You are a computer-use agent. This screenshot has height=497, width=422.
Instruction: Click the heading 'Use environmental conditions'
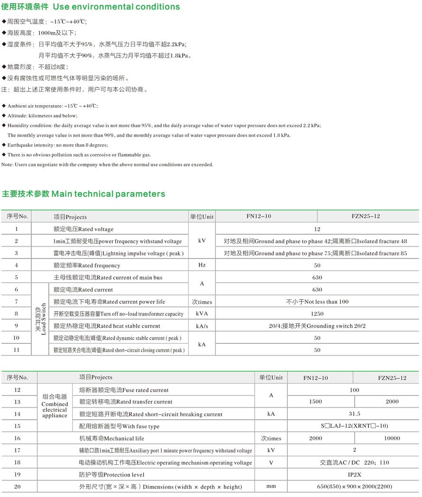coord(116,7)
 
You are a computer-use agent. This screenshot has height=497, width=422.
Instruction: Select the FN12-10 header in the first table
coord(258,217)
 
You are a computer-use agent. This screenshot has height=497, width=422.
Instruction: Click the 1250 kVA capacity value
coord(317,314)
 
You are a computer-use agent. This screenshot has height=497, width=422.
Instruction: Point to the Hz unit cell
coord(202,266)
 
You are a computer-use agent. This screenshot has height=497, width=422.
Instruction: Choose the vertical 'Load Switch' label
coord(40,319)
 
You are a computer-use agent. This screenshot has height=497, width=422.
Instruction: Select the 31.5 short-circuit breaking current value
coord(355,414)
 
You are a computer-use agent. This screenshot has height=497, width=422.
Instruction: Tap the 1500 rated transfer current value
coord(315,402)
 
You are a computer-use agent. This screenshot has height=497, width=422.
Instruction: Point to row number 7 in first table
coord(17,302)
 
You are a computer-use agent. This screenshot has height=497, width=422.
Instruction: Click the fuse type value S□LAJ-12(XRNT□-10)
coord(355,426)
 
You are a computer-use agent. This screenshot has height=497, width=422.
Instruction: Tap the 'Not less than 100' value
coord(317,302)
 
